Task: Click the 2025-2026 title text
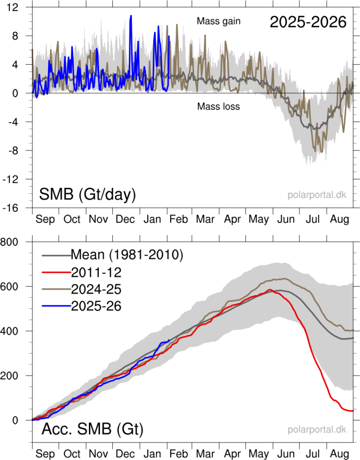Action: [x=308, y=22]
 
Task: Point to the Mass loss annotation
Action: [x=218, y=106]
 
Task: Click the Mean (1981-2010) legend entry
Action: [x=127, y=255]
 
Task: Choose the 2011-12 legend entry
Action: [x=97, y=272]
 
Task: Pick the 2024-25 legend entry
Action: [x=97, y=289]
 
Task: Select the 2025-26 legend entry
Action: [x=97, y=306]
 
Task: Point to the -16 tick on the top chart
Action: [x=17, y=208]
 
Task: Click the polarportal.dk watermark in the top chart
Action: [x=317, y=195]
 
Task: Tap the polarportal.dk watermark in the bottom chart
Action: [x=317, y=430]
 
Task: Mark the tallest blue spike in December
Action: [x=131, y=16]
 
